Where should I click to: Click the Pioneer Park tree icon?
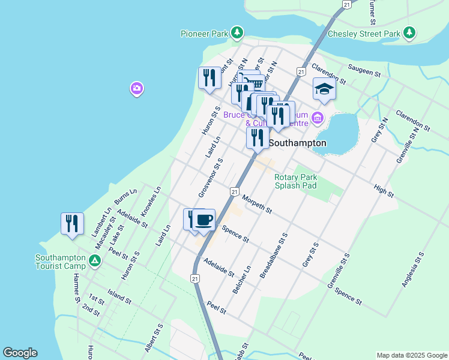pyautogui.click(x=238, y=32)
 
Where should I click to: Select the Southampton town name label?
pyautogui.click(x=297, y=143)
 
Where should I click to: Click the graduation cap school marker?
pyautogui.click(x=324, y=89)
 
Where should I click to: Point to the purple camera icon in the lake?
pyautogui.click(x=137, y=89)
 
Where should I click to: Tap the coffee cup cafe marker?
pyautogui.click(x=203, y=220)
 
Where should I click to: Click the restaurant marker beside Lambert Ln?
pyautogui.click(x=72, y=223)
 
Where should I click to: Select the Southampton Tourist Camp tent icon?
pyautogui.click(x=94, y=260)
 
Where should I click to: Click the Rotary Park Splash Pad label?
pyautogui.click(x=295, y=181)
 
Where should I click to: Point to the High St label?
pyautogui.click(x=383, y=191)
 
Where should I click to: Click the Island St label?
pyautogui.click(x=119, y=295)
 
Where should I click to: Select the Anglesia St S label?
pyautogui.click(x=412, y=269)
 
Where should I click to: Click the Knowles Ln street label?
pyautogui.click(x=151, y=201)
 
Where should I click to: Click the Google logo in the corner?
pyautogui.click(x=20, y=353)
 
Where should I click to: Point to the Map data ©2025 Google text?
pyautogui.click(x=411, y=355)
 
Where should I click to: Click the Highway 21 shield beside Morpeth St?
pyautogui.click(x=234, y=191)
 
